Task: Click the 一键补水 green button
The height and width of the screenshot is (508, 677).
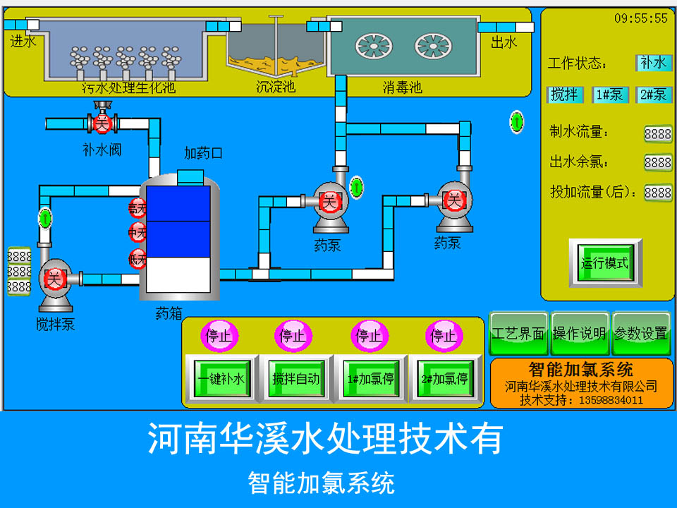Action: (221, 379)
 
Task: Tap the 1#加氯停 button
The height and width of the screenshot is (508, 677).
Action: (370, 379)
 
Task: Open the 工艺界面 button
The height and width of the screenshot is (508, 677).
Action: (518, 334)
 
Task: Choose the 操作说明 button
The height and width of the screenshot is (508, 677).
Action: (580, 334)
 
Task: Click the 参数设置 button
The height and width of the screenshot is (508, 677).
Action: (640, 334)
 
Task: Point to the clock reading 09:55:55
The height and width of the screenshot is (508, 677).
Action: (640, 18)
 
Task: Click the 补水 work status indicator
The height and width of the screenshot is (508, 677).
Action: (653, 63)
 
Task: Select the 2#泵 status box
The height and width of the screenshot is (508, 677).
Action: (654, 95)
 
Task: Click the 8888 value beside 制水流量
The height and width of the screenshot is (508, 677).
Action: (657, 133)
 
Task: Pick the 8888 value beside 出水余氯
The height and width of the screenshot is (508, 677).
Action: (657, 162)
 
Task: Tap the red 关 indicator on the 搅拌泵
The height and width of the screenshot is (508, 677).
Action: (54, 279)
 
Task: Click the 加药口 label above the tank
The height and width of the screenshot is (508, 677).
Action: (204, 153)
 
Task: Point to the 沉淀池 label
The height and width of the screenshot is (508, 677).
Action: (275, 87)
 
